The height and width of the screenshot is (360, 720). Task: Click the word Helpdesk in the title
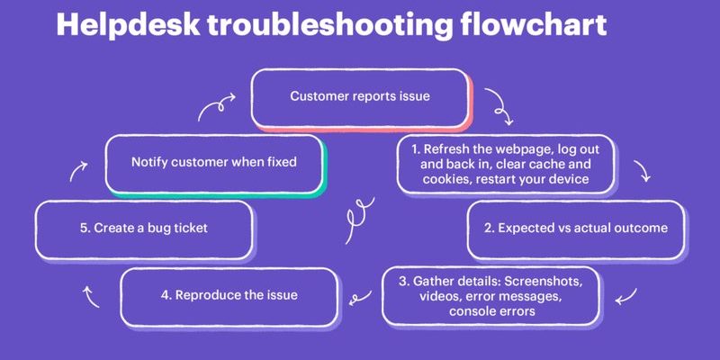[128, 24]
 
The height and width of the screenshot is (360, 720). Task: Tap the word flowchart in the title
[534, 24]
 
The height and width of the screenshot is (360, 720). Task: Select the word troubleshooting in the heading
[329, 26]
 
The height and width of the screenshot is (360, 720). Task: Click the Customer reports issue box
[361, 98]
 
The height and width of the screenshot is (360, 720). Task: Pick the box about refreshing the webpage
[507, 165]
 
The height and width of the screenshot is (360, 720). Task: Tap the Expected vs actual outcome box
[576, 229]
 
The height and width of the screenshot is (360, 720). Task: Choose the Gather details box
[490, 296]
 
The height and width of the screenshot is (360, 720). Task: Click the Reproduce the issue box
[229, 297]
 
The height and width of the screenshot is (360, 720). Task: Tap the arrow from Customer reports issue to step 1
[500, 106]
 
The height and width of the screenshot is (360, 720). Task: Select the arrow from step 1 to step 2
[643, 171]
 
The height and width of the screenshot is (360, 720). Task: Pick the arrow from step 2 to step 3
[627, 297]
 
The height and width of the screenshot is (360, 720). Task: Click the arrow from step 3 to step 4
[361, 298]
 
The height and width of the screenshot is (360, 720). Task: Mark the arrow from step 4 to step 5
[90, 297]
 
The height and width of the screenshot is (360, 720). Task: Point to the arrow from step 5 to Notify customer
[78, 171]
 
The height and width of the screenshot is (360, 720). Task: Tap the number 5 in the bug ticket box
[84, 229]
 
